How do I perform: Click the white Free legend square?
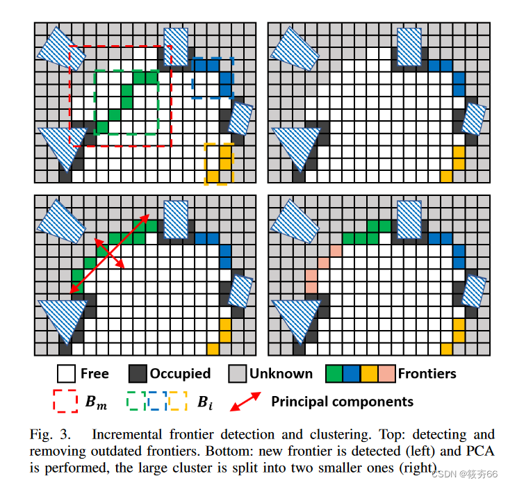(66, 374)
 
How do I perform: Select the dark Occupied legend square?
(137, 374)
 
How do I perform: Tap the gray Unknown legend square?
(238, 374)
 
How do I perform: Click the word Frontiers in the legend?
(427, 374)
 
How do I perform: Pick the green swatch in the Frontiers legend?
(334, 374)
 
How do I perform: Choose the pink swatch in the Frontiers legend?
(388, 374)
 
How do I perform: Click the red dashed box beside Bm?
(65, 402)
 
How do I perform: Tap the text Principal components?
(342, 402)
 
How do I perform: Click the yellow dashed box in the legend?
(178, 402)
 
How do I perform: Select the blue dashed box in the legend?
(156, 402)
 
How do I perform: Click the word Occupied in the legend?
(180, 374)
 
